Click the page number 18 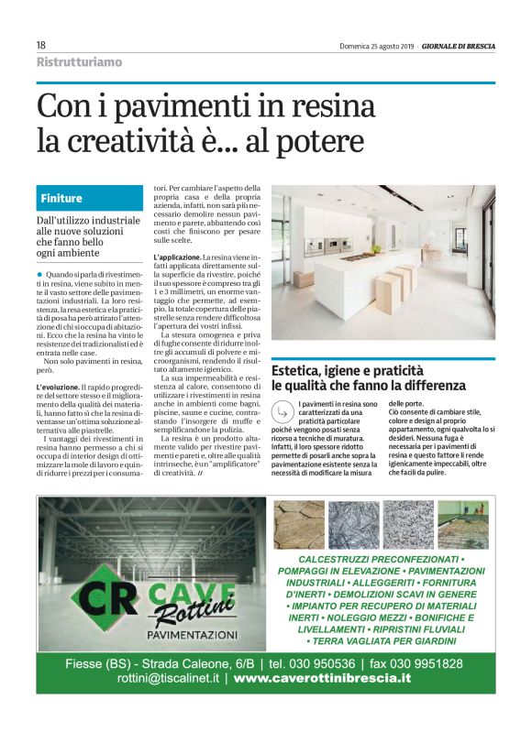[x=41, y=45]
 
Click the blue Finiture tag [x=61, y=198]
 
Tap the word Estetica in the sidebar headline [x=305, y=370]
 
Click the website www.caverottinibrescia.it [x=321, y=679]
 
